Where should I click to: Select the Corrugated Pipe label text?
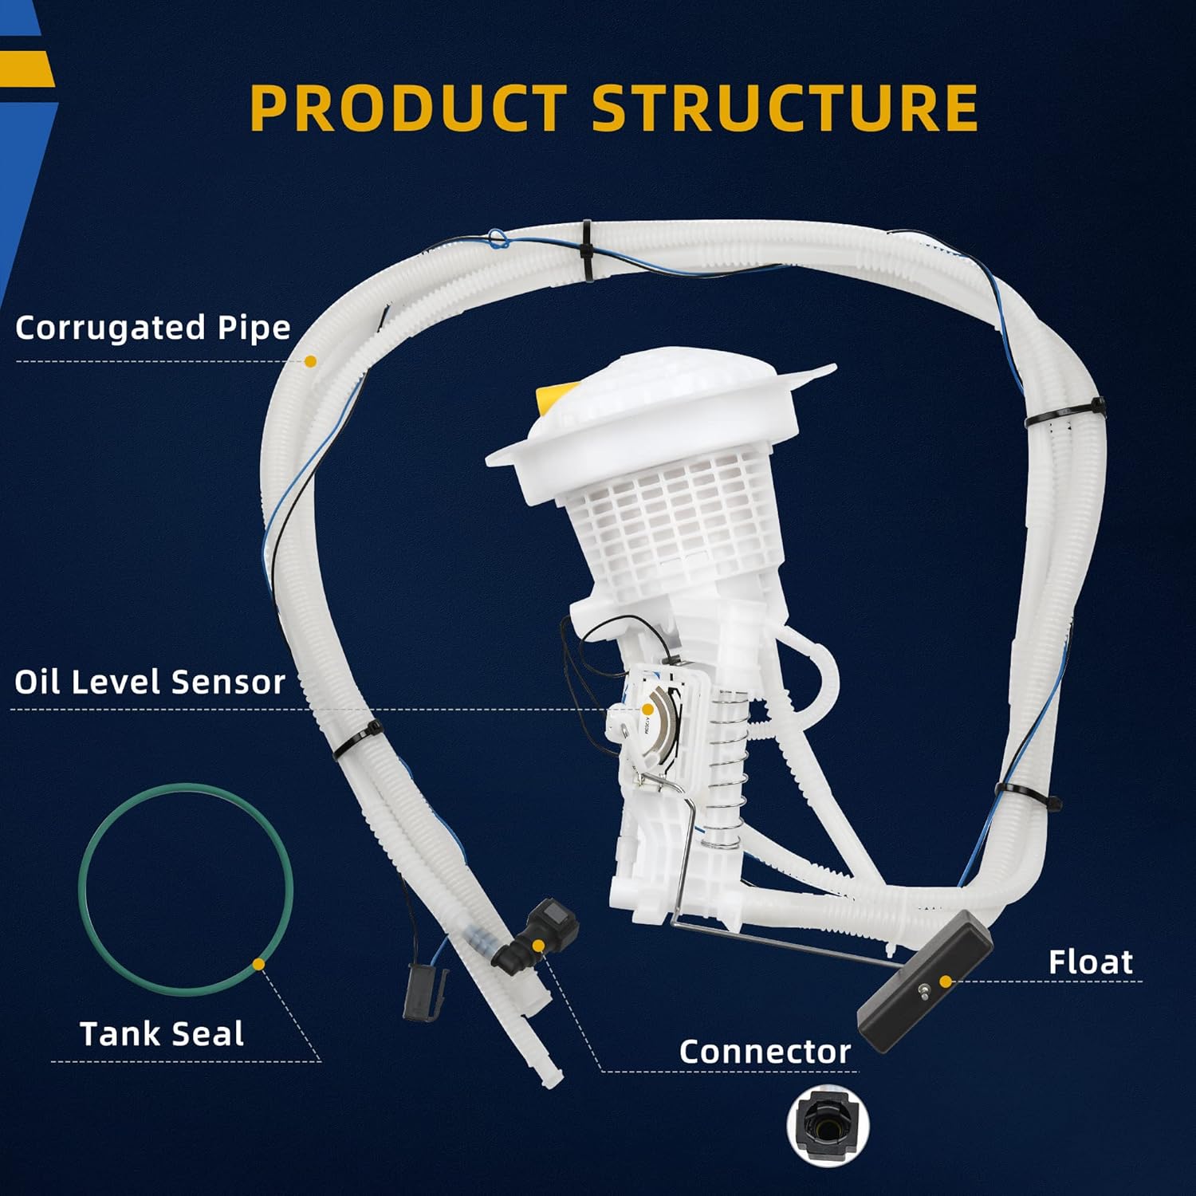coord(153,328)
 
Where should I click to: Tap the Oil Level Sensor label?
coord(150,682)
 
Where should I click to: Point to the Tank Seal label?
coord(162,1034)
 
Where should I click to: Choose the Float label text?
coord(1090,962)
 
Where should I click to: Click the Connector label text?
coord(765,1052)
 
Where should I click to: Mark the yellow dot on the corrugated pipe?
coord(311,361)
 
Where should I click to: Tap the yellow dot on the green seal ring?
coord(258,964)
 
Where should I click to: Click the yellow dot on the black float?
coord(946,982)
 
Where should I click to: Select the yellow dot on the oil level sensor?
coord(648,709)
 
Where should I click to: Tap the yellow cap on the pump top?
coord(551,399)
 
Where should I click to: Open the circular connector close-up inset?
coord(828,1126)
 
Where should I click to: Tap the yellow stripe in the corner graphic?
coord(26,69)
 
